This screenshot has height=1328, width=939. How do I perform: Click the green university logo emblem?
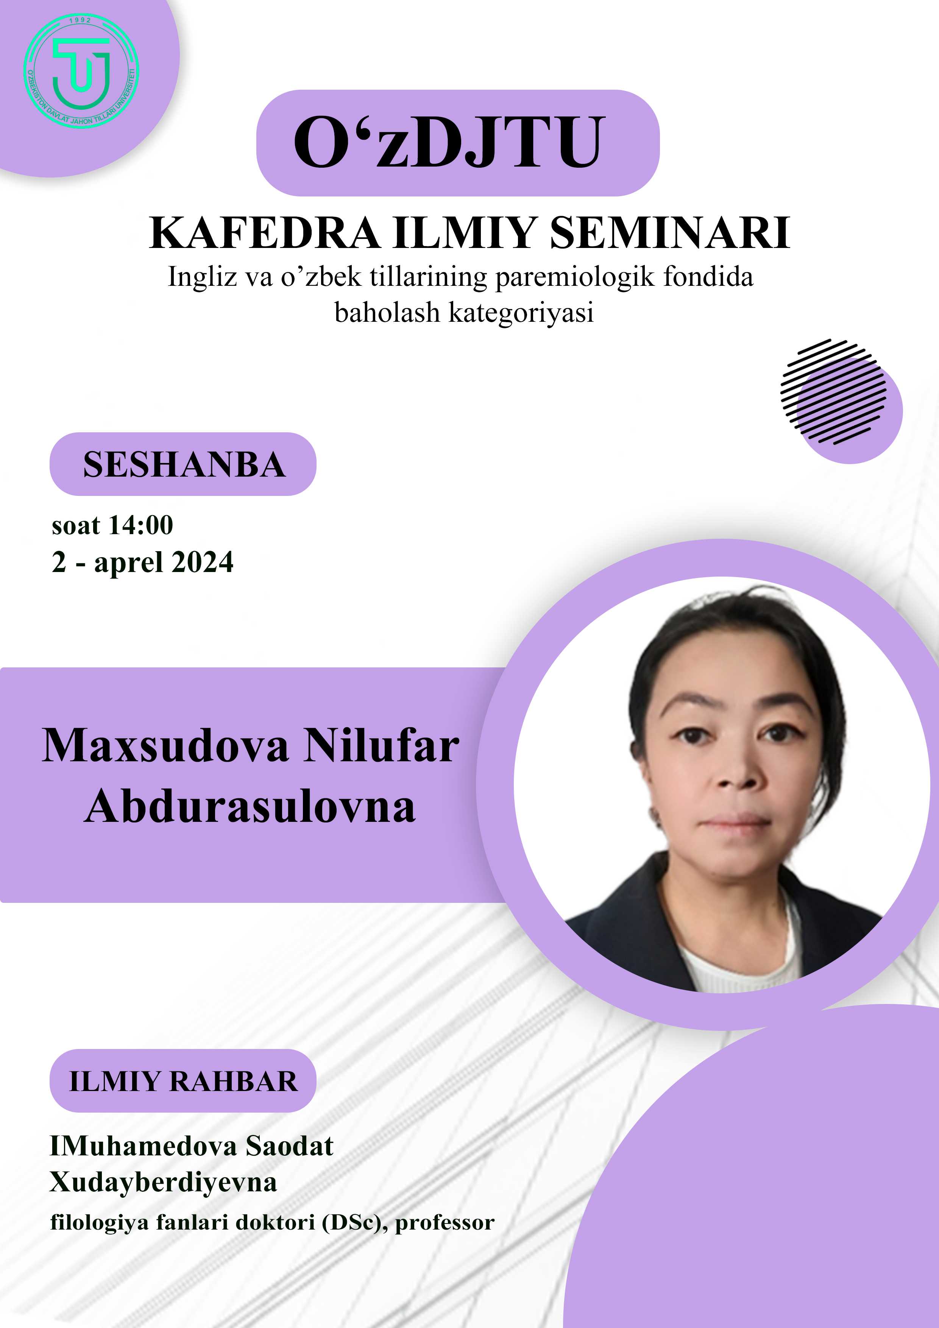pyautogui.click(x=81, y=70)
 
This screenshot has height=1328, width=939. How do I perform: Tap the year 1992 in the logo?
pyautogui.click(x=80, y=20)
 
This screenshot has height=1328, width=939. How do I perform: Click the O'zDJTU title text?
pyautogui.click(x=449, y=142)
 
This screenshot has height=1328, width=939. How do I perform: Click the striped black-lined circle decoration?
pyautogui.click(x=833, y=391)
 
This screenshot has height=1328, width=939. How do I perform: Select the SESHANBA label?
pyautogui.click(x=184, y=464)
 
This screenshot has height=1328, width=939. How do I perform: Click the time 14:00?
pyautogui.click(x=141, y=525)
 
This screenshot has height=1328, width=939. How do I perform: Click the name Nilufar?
pyautogui.click(x=381, y=745)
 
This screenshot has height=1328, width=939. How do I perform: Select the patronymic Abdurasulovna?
pyautogui.click(x=250, y=806)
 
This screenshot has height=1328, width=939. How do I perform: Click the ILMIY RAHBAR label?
pyautogui.click(x=183, y=1081)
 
